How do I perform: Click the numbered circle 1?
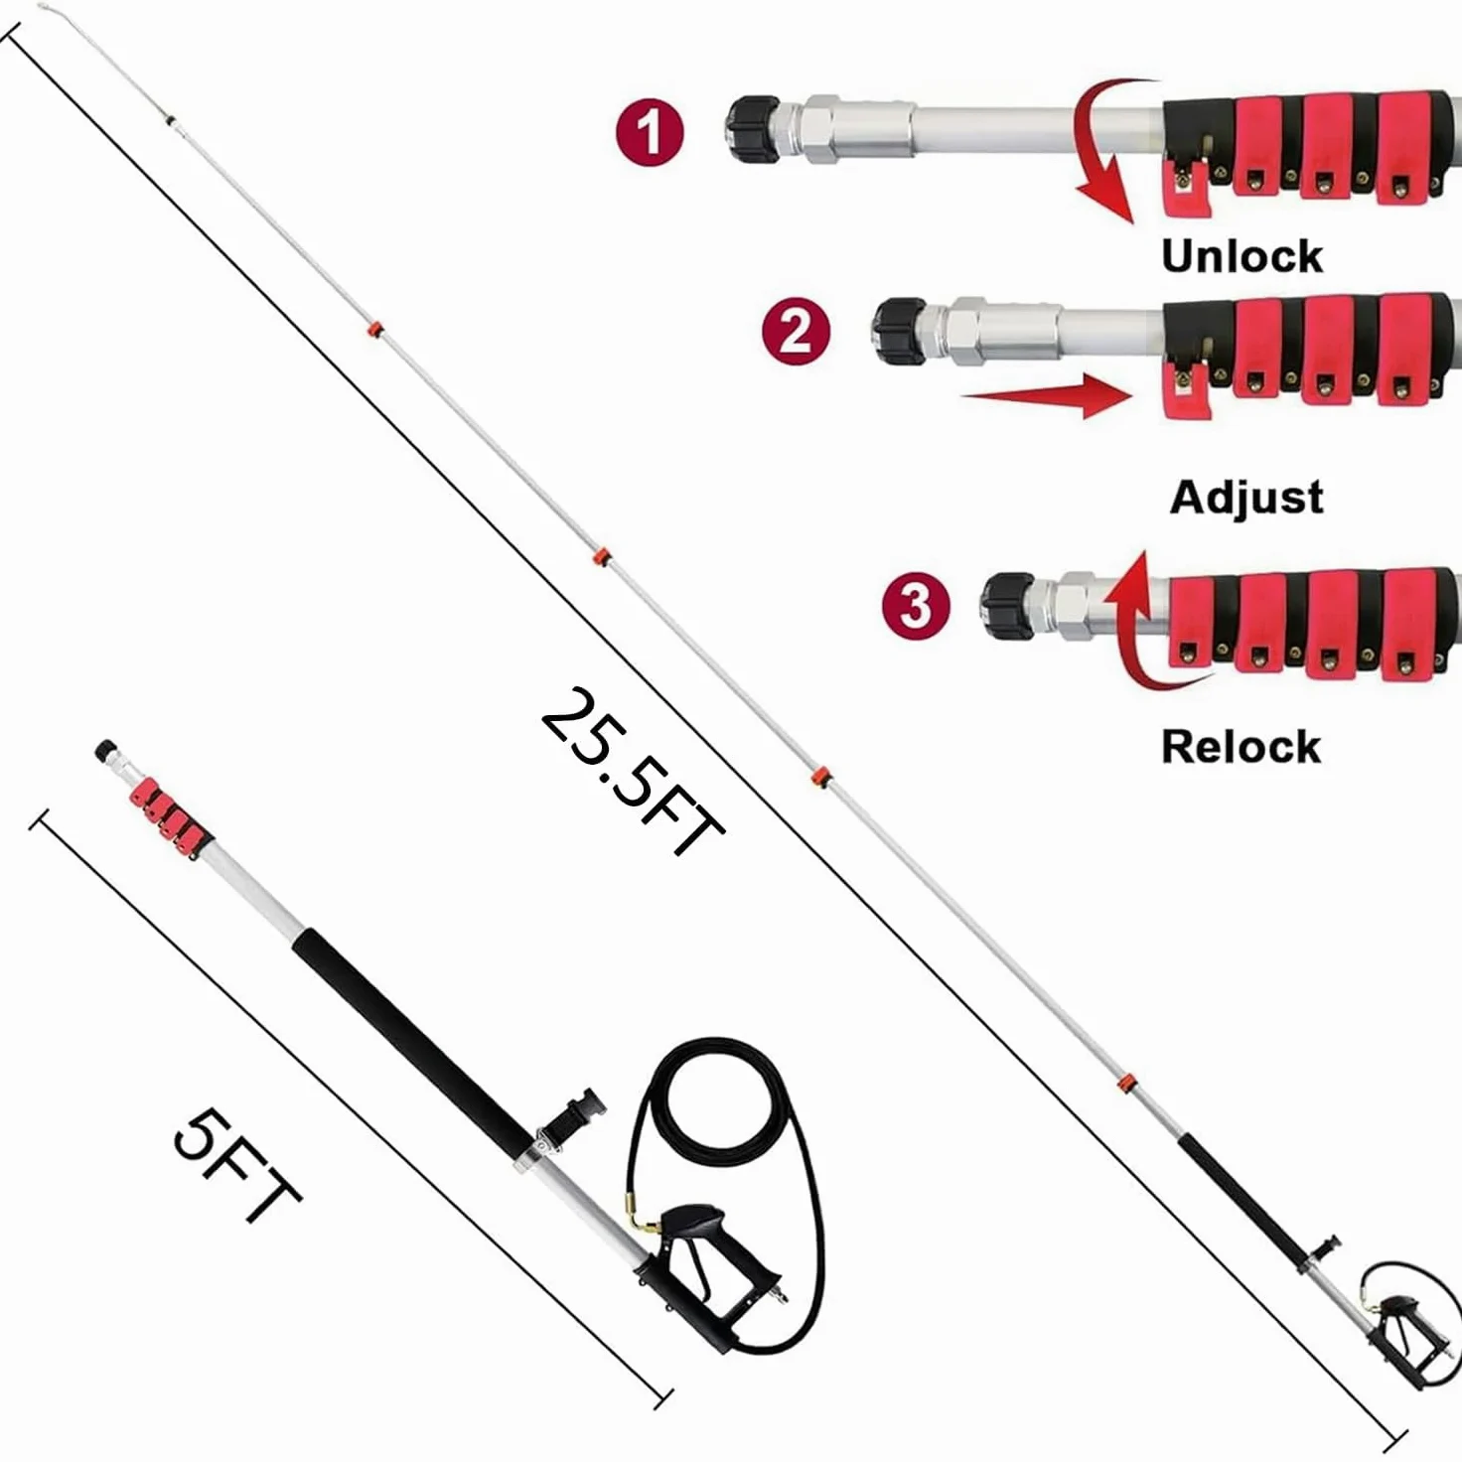coord(650,132)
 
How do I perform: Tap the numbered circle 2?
coord(796,333)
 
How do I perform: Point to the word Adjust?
coord(1246,499)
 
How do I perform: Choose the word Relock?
coord(1242,747)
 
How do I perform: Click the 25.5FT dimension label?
coord(632,773)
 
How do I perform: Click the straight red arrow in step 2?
coord(1047,395)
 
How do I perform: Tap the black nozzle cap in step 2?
coord(900,332)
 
